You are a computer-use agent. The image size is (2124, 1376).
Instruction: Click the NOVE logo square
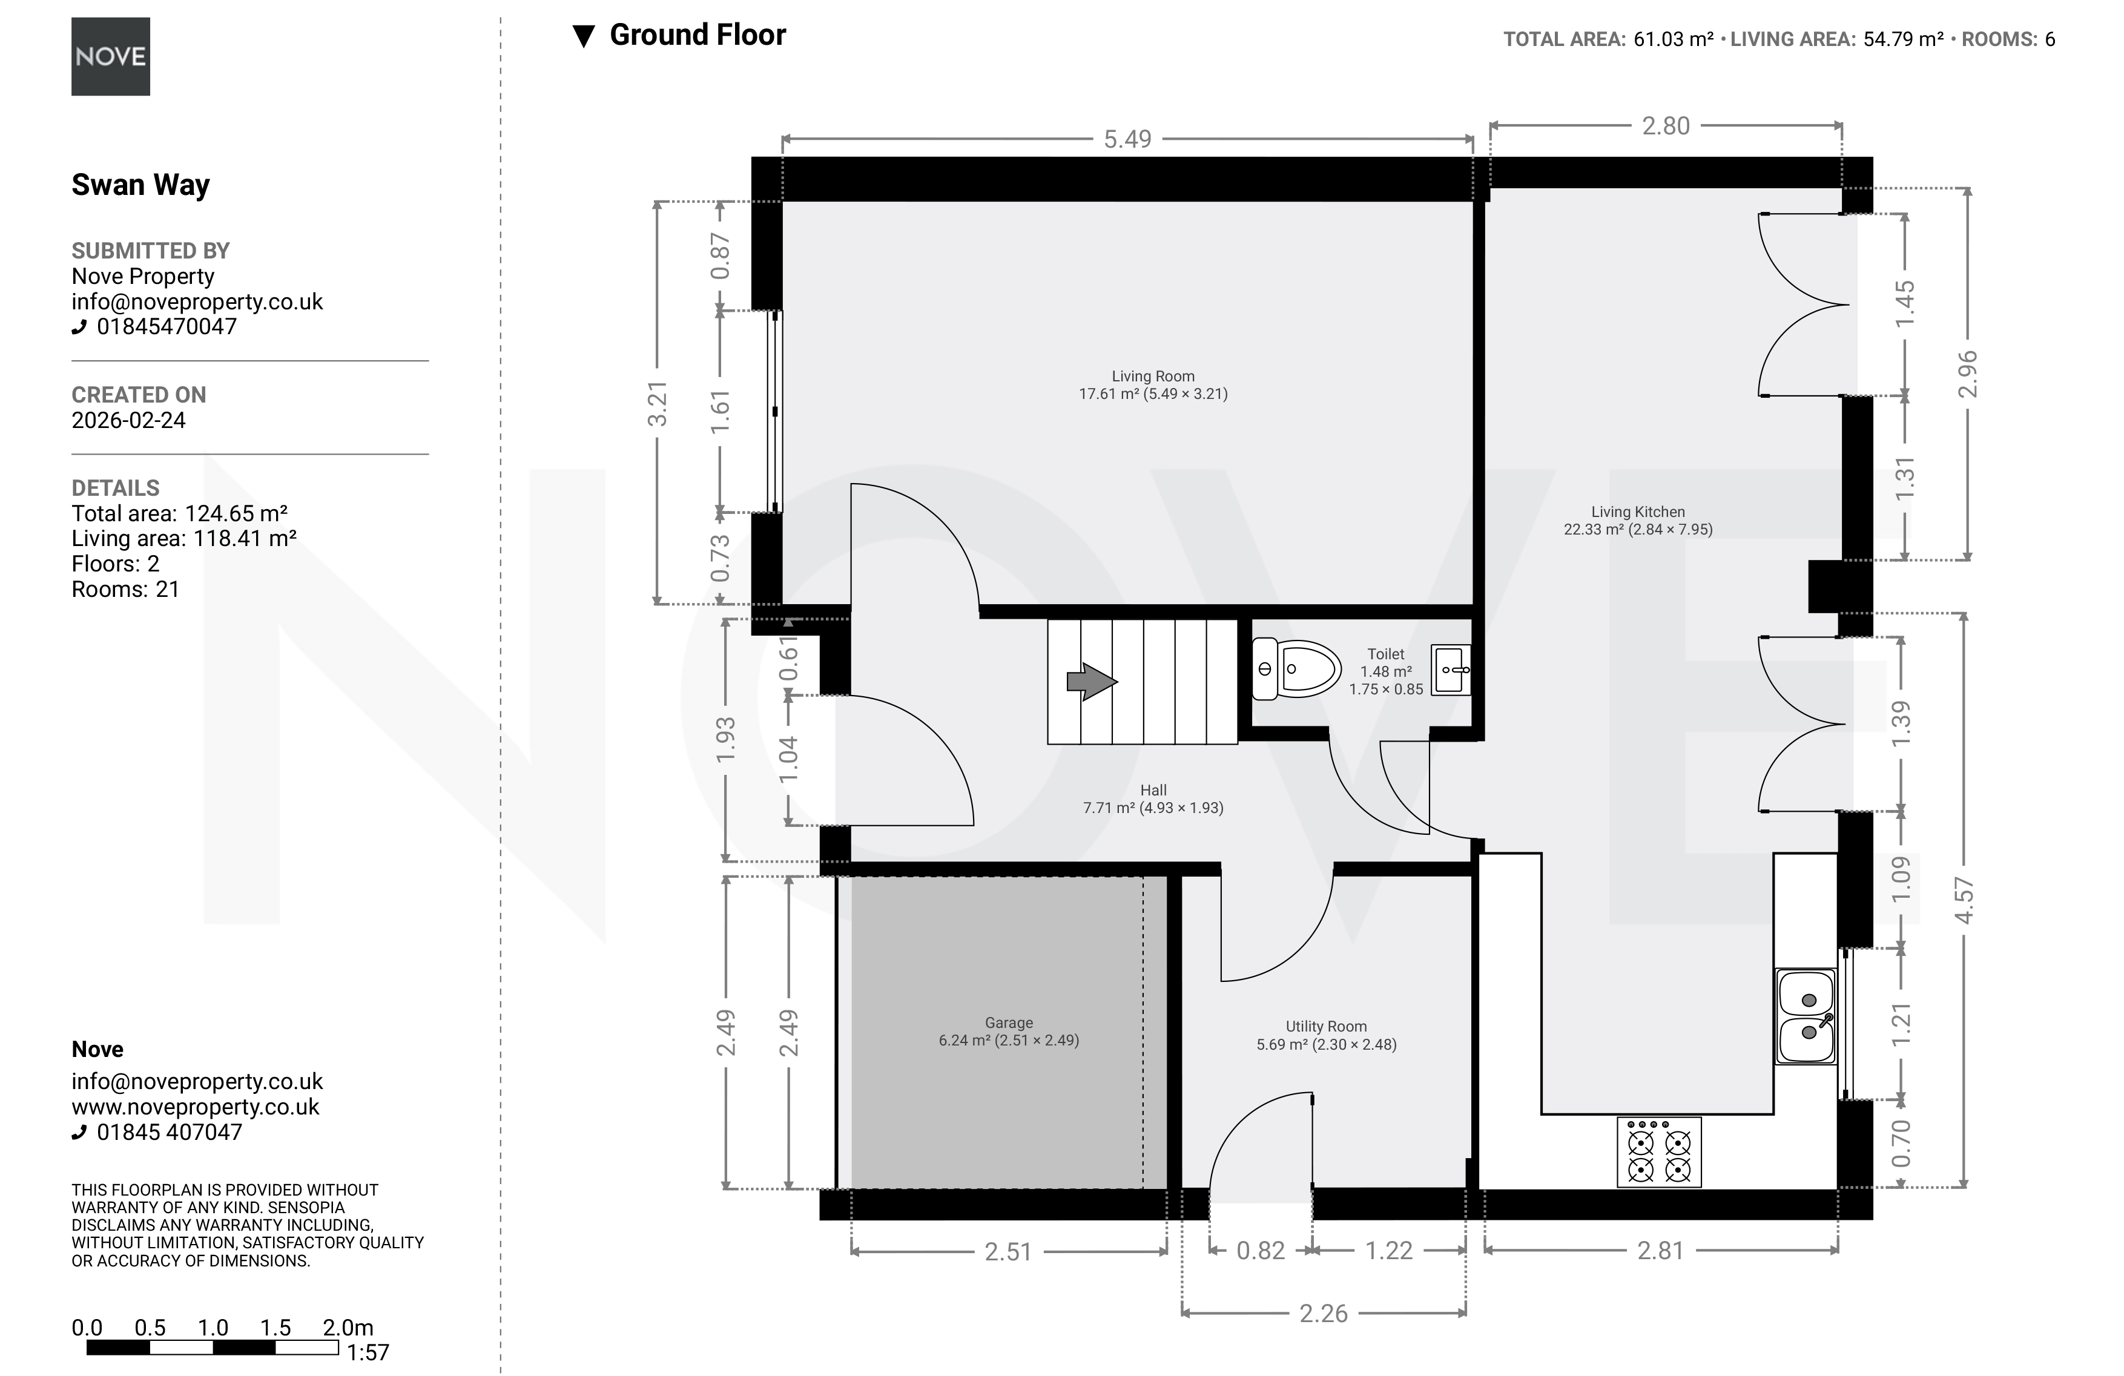tap(111, 56)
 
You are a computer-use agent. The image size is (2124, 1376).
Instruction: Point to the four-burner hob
tap(1659, 1152)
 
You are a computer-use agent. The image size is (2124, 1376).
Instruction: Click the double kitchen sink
tap(1806, 1016)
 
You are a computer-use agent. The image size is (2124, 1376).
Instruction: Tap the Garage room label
tap(1009, 1032)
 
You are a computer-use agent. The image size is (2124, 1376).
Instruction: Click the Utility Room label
tap(1326, 1035)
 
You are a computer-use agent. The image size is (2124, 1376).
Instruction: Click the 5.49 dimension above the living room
tap(1127, 139)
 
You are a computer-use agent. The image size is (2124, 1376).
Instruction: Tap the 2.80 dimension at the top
tap(1665, 126)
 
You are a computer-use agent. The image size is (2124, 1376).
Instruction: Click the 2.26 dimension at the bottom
tap(1322, 1312)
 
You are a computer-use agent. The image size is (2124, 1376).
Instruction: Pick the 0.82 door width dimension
tap(1260, 1250)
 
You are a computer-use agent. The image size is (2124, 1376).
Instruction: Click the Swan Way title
tap(140, 184)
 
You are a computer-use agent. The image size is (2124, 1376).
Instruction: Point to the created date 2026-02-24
tap(128, 420)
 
